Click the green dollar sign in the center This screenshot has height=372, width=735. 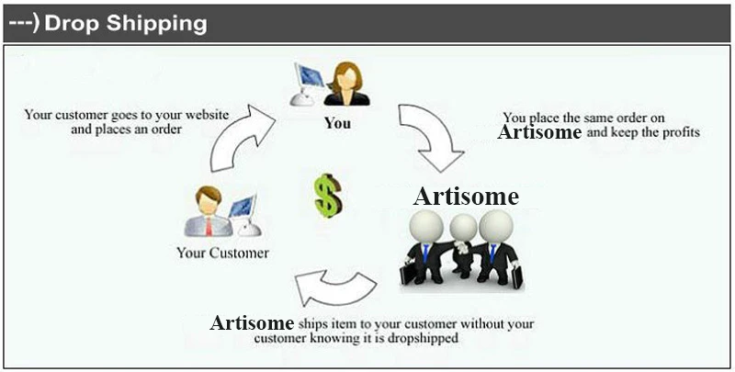328,196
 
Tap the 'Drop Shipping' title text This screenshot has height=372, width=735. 126,23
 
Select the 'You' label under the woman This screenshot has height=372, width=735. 337,123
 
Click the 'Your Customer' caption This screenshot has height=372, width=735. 222,253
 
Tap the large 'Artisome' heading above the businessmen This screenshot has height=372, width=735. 466,196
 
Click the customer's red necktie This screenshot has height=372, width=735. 209,226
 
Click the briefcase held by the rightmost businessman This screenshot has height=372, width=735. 516,277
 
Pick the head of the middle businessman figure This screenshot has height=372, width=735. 463,228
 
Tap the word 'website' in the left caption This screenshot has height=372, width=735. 207,115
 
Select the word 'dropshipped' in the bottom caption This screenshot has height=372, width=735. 423,338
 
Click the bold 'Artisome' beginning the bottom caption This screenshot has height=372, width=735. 252,322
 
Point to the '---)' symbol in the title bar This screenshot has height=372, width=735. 25,24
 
